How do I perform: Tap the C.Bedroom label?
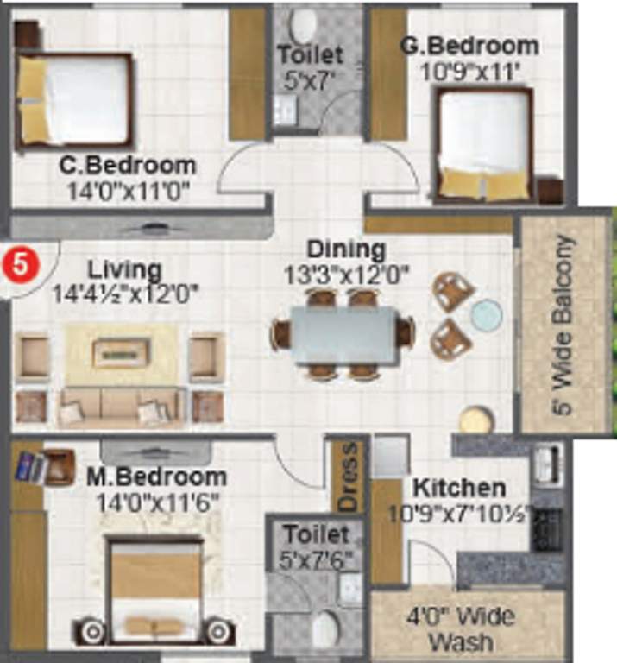128,164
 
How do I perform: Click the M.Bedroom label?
156,477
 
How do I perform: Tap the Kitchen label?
458,487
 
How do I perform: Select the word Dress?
348,476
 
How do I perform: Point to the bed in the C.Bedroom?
75,100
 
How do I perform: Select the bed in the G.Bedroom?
483,144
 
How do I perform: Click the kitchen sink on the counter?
548,465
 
